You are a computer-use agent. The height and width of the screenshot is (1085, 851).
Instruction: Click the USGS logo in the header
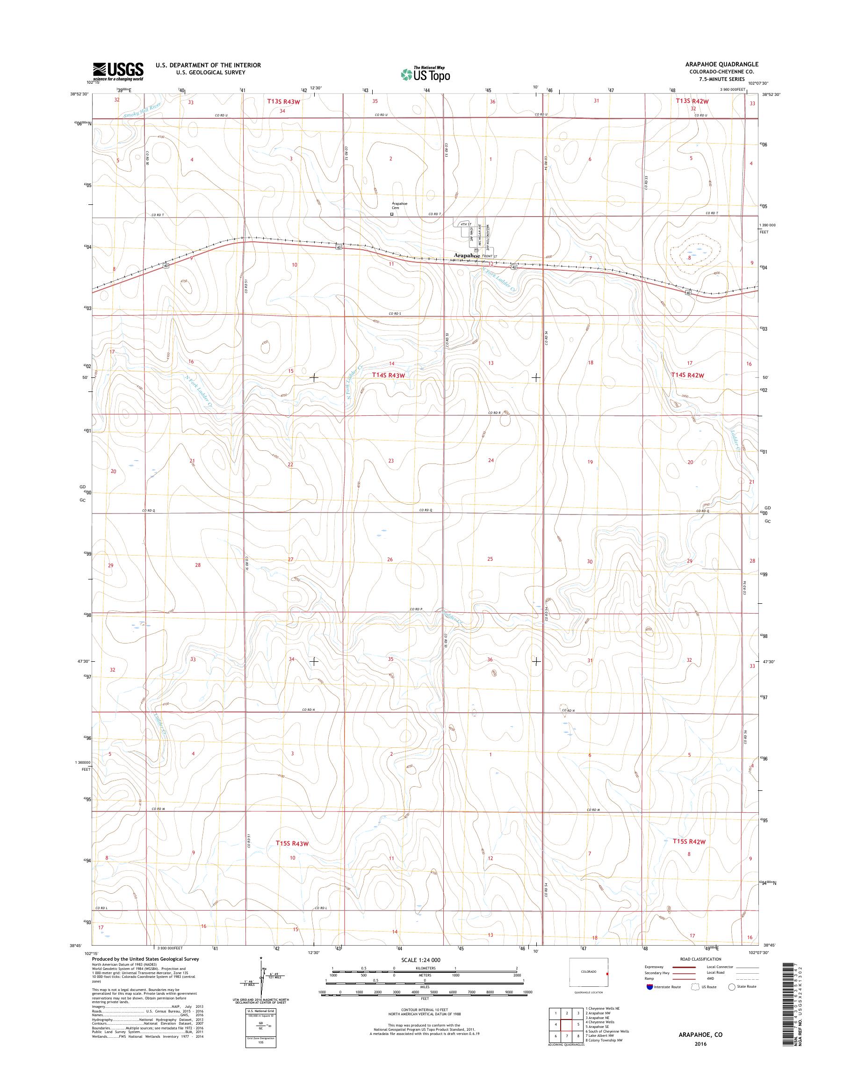118,71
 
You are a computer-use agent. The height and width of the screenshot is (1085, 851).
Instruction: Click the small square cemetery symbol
392,214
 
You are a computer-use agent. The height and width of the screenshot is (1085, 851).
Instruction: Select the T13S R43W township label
283,101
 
